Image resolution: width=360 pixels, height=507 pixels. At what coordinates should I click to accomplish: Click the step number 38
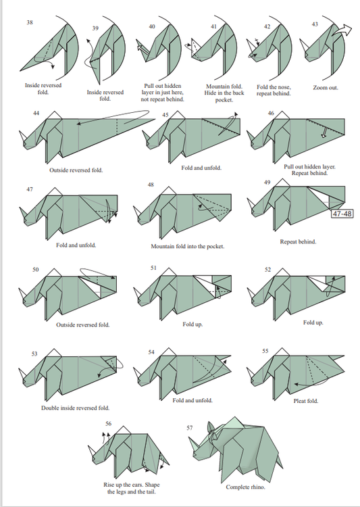click(30, 22)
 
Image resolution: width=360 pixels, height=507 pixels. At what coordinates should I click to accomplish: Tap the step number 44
click(36, 113)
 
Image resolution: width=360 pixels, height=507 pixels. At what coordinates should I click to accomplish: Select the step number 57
click(190, 428)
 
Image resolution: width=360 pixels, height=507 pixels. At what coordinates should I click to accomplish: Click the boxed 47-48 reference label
click(342, 214)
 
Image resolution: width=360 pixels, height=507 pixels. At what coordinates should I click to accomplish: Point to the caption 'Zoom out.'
click(326, 88)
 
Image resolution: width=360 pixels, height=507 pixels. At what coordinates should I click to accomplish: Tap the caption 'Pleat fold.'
click(306, 401)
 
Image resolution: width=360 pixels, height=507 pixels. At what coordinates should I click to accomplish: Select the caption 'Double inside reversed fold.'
click(75, 408)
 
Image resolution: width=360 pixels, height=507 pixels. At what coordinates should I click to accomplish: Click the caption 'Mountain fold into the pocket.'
click(188, 246)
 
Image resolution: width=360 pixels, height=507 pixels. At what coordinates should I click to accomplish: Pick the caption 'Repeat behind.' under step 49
click(298, 241)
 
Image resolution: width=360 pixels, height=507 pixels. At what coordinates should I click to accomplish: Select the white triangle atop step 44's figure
click(55, 115)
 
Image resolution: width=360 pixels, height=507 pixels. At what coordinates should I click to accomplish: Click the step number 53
click(34, 354)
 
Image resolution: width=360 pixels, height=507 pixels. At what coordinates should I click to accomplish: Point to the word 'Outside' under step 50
click(66, 324)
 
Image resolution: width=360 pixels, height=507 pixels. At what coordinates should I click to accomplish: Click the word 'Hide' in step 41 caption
click(210, 93)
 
